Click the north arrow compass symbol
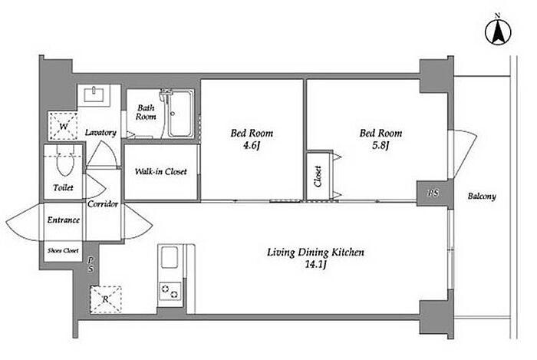pos(498,32)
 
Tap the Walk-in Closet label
pos(160,171)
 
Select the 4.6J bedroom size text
pos(252,146)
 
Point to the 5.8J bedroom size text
pos(381,146)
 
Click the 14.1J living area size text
pos(315,265)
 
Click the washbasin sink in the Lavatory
pos(94,94)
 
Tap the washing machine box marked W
pos(63,126)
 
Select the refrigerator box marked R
pos(106,299)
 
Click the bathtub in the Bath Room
pos(180,114)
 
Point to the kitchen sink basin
pos(170,257)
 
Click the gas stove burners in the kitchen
pos(170,291)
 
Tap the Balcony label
pos(482,197)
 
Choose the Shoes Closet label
pos(63,251)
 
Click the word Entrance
pos(64,220)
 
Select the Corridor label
pos(103,204)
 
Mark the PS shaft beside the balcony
pos(433,193)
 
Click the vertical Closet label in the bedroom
pos(318,176)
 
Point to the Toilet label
pos(64,188)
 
